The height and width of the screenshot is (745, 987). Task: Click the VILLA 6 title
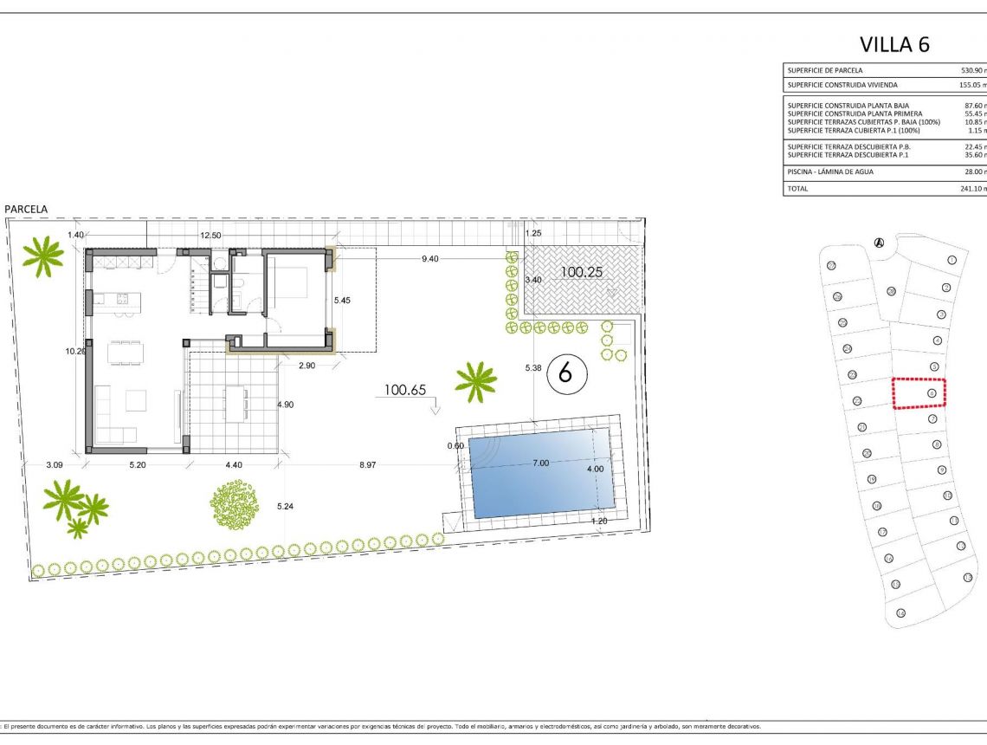(x=894, y=44)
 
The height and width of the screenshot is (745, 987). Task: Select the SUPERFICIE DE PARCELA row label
(x=824, y=70)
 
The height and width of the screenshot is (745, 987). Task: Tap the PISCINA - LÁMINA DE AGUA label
(x=830, y=172)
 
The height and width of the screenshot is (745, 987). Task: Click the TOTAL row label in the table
(x=797, y=188)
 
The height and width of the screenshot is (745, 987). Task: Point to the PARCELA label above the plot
(x=26, y=209)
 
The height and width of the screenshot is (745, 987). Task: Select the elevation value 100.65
(x=405, y=391)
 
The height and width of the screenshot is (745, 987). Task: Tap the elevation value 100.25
(x=581, y=271)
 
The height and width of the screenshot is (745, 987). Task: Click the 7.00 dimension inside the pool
(x=540, y=463)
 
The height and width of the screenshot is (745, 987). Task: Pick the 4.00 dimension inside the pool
(x=595, y=469)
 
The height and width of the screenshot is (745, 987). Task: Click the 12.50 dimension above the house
(x=210, y=236)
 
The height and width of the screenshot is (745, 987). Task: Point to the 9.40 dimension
(x=429, y=258)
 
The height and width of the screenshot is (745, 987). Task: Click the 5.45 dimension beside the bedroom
(x=344, y=301)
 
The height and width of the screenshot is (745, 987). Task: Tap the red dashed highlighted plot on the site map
(x=919, y=392)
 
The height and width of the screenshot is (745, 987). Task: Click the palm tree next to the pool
(x=475, y=381)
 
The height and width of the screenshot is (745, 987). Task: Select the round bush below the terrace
(x=235, y=505)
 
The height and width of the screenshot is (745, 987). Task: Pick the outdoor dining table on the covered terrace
(x=235, y=404)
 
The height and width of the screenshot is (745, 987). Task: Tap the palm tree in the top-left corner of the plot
(x=42, y=256)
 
